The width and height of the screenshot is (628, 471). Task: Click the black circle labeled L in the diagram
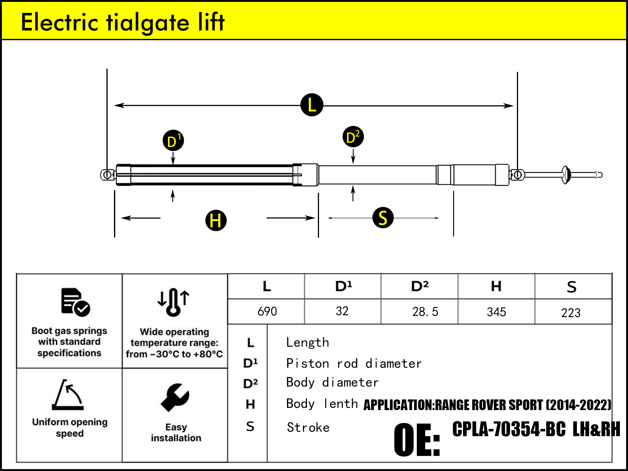click(312, 105)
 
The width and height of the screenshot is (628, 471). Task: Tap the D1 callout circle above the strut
click(173, 140)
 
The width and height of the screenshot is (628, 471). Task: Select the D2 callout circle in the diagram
click(353, 137)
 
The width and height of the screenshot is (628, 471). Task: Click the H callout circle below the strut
click(216, 220)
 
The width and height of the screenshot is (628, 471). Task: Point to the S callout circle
click(383, 218)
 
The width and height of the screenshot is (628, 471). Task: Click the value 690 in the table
click(267, 311)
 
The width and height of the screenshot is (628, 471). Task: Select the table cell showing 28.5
click(425, 311)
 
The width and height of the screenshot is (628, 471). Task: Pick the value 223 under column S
click(571, 312)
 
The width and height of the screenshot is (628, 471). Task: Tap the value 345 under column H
click(496, 312)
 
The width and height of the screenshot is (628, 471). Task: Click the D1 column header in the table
click(344, 286)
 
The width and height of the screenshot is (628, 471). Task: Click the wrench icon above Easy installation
click(175, 397)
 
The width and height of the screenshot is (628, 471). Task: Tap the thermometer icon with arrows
click(173, 302)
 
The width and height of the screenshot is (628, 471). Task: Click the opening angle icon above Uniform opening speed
click(68, 395)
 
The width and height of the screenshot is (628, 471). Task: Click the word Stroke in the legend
click(308, 427)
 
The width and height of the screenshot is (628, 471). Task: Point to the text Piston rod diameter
click(354, 363)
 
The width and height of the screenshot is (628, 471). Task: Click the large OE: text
click(417, 440)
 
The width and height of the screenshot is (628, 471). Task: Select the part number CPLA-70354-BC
click(509, 429)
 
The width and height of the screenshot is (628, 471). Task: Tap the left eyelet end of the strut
click(107, 175)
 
